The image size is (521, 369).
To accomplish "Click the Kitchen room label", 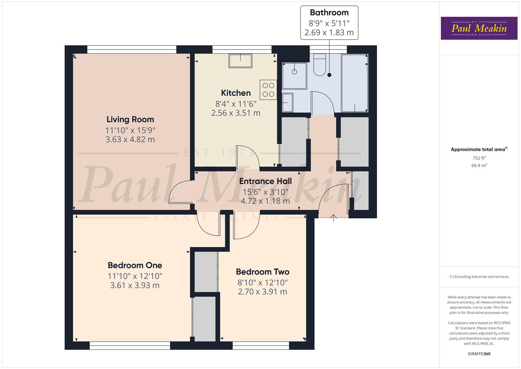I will (236, 93).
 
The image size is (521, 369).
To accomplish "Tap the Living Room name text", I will (130, 120).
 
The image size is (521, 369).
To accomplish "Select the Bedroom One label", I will (135, 265).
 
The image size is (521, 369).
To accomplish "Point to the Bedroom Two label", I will (262, 272).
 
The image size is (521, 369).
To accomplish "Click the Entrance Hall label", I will (265, 181).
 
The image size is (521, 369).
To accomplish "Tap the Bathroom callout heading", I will (329, 13).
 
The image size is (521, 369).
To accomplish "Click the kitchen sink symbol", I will (241, 61).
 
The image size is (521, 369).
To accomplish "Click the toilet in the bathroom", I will (320, 65).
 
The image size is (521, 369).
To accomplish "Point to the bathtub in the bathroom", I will (354, 83).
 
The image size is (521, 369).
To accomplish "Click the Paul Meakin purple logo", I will (479, 28).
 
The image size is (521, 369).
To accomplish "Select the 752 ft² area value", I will (479, 158).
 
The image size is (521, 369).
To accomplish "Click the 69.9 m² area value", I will (479, 165).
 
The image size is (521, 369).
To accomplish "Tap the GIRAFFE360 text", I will (479, 354).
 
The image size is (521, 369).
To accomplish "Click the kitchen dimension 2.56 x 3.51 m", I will (236, 113).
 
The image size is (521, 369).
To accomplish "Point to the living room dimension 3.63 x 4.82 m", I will (130, 139).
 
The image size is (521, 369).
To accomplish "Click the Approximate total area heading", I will (479, 149).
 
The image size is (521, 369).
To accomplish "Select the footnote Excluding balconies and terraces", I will (479, 277).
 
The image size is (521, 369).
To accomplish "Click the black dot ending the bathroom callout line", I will (329, 75).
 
